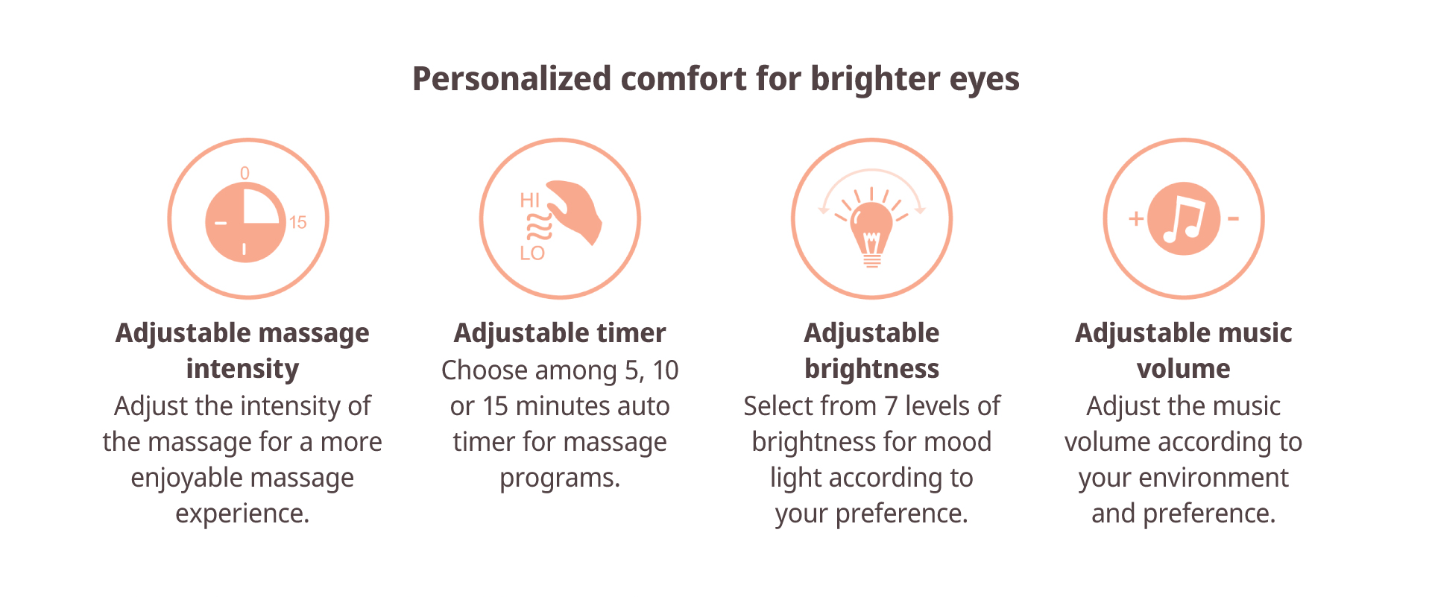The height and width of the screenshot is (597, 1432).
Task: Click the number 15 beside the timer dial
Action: pos(298,222)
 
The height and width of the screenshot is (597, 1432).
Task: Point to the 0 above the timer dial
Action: pos(245,173)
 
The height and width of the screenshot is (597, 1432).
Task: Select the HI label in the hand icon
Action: pos(530,200)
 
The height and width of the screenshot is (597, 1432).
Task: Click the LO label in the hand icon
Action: pos(532,253)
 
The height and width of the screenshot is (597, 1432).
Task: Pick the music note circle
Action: pos(1184,218)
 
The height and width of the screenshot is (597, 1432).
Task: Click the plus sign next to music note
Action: pos(1136,218)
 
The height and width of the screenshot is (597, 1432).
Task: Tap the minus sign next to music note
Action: pos(1233,218)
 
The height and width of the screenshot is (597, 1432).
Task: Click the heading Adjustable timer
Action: pos(560,333)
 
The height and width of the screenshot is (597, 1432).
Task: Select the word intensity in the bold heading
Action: pos(242,370)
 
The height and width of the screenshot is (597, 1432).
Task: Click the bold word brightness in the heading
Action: pos(871,369)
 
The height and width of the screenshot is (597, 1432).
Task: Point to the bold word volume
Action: pos(1184,369)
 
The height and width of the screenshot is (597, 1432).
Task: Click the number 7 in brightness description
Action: pos(891,406)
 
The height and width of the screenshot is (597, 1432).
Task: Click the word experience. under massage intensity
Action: pos(242,514)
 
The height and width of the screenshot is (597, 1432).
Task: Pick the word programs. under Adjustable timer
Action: pos(560,478)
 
